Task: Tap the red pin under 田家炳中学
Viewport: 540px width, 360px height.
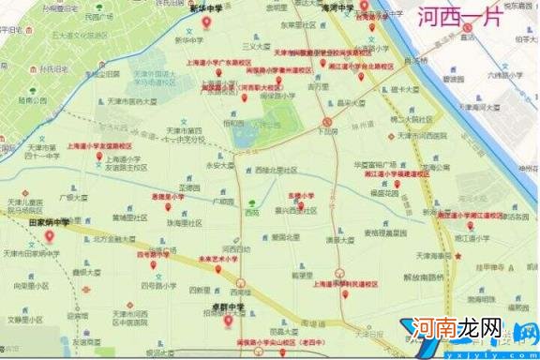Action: (49, 237)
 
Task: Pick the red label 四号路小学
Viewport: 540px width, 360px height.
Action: (153, 254)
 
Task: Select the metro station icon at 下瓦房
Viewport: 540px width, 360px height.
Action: (325, 121)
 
